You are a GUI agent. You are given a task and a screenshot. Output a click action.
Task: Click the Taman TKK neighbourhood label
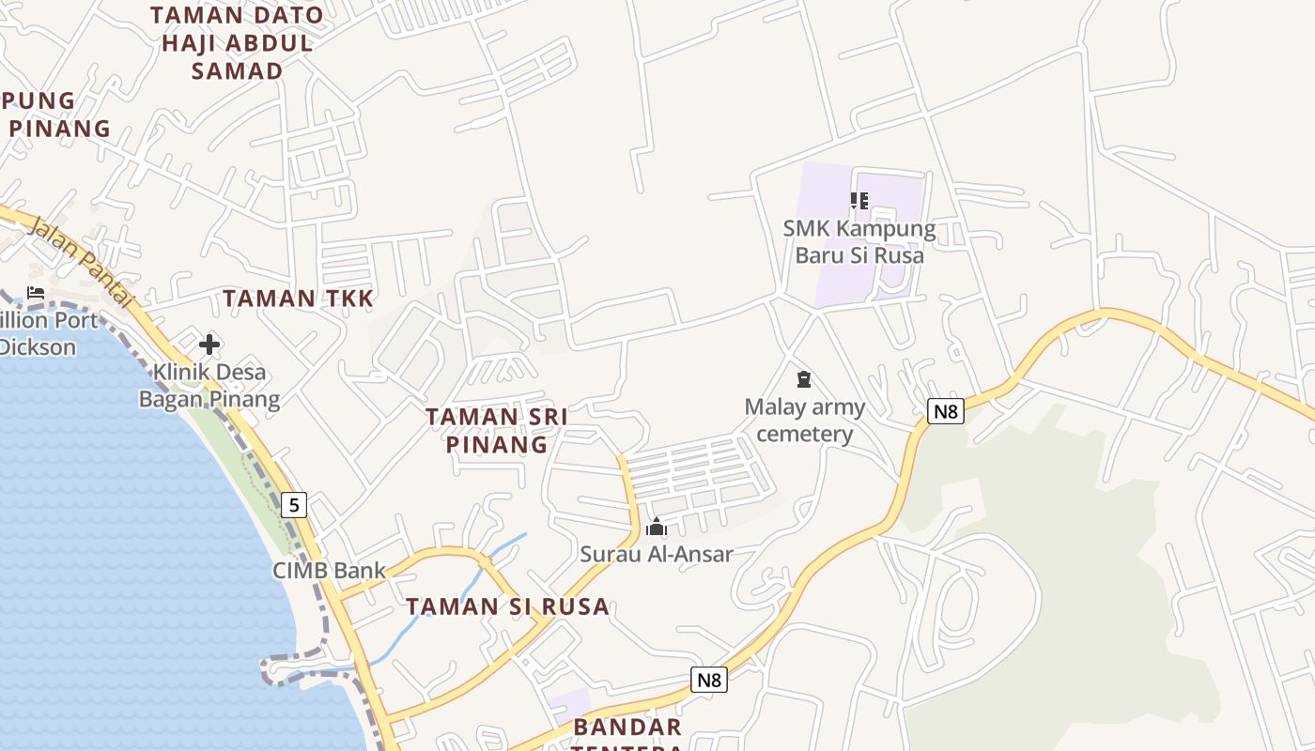click(x=298, y=299)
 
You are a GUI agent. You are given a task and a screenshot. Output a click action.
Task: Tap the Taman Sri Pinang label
click(x=496, y=430)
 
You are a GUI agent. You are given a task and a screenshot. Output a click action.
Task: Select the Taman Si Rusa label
click(x=507, y=606)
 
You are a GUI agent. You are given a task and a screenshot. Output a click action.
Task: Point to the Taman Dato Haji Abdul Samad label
click(x=237, y=43)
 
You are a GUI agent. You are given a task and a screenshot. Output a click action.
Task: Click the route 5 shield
click(x=294, y=505)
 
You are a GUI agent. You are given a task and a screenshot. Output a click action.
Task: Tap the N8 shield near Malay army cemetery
click(x=946, y=410)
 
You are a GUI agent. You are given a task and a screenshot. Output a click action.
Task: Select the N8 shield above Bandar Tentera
click(x=709, y=679)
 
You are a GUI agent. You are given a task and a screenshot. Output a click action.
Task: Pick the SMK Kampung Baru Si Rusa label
click(x=859, y=241)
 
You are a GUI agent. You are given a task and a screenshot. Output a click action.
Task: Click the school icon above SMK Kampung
click(x=859, y=200)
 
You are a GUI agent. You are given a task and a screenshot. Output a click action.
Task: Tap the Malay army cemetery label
click(x=805, y=420)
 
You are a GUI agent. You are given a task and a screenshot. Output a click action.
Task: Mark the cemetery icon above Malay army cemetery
click(x=803, y=379)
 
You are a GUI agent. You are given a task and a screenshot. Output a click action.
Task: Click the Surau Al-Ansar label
click(x=656, y=554)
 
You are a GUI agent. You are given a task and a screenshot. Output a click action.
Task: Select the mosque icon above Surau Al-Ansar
click(x=657, y=527)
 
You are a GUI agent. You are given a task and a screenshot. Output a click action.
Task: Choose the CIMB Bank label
click(x=329, y=570)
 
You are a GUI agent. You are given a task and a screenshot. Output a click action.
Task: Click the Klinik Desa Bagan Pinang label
click(x=209, y=386)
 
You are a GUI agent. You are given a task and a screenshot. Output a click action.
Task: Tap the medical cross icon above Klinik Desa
click(x=209, y=345)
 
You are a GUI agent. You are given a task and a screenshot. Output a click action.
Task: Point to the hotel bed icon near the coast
click(x=36, y=293)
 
